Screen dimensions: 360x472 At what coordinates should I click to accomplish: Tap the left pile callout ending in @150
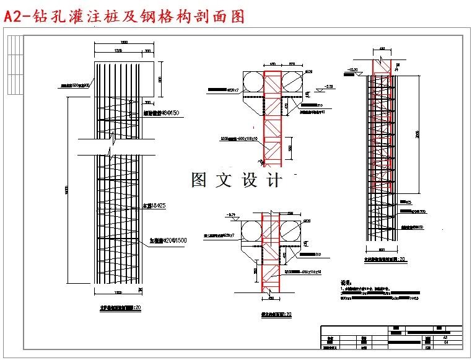[x=162, y=113]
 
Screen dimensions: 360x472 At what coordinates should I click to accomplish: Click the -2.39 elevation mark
[x=328, y=86]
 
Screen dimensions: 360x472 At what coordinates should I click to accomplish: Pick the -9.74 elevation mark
[x=233, y=215]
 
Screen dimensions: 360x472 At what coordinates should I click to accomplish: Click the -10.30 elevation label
[x=354, y=69]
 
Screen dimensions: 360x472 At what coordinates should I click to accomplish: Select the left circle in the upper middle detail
[x=253, y=81]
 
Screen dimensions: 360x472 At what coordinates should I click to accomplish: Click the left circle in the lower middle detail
[x=251, y=230]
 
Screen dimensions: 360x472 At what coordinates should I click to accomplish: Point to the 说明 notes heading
[x=347, y=282]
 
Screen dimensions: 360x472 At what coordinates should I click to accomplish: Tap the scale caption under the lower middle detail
[x=276, y=315]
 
